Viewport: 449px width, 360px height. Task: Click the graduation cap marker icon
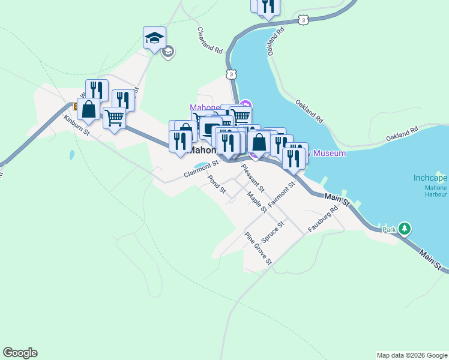(154, 38)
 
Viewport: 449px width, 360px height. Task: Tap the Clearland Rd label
(209, 40)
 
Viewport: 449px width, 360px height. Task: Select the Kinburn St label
(76, 124)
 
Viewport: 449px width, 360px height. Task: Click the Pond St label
(215, 185)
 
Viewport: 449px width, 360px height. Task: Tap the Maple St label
(257, 202)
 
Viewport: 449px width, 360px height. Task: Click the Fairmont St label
(282, 194)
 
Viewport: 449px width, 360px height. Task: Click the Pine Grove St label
(259, 248)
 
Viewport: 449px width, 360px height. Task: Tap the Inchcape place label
(430, 178)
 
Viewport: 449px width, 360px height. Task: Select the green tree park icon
(405, 229)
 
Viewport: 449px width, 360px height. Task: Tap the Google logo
(20, 353)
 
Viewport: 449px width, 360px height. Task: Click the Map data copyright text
(411, 355)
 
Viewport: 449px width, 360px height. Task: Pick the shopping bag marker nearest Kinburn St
(89, 109)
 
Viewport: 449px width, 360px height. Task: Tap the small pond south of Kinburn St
(72, 155)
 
